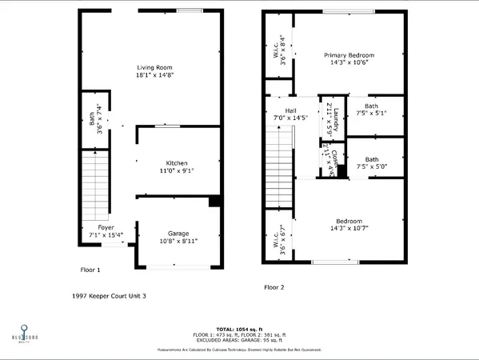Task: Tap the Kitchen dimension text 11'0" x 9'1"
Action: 177,170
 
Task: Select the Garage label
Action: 178,234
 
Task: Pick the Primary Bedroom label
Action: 349,55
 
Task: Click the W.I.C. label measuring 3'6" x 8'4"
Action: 276,54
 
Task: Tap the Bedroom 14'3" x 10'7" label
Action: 349,225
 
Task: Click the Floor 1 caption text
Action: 90,270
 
